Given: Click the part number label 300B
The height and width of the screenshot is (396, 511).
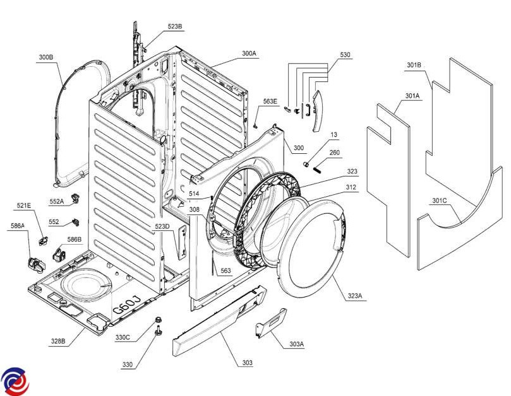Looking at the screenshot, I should pyautogui.click(x=46, y=57).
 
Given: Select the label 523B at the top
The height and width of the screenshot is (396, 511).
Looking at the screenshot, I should pyautogui.click(x=175, y=26).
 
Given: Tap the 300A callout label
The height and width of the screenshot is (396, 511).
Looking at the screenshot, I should pyautogui.click(x=249, y=54).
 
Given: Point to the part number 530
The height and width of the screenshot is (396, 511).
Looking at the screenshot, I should pyautogui.click(x=345, y=55).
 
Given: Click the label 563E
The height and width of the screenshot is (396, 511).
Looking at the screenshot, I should pyautogui.click(x=271, y=102).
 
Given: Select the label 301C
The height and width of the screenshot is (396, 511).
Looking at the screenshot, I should pyautogui.click(x=440, y=201).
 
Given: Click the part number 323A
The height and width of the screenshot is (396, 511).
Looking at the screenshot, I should pyautogui.click(x=355, y=296).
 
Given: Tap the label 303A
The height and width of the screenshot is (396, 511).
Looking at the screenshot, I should pyautogui.click(x=296, y=344).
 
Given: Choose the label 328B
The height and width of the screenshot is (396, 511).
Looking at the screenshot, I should pyautogui.click(x=58, y=341).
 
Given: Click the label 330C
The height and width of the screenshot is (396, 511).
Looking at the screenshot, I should pyautogui.click(x=123, y=337).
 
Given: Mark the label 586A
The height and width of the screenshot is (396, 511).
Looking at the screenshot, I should pyautogui.click(x=18, y=226).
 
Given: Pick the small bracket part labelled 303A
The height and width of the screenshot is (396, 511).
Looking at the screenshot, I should pyautogui.click(x=270, y=323).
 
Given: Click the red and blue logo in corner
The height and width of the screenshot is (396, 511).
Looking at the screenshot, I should pyautogui.click(x=15, y=380).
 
